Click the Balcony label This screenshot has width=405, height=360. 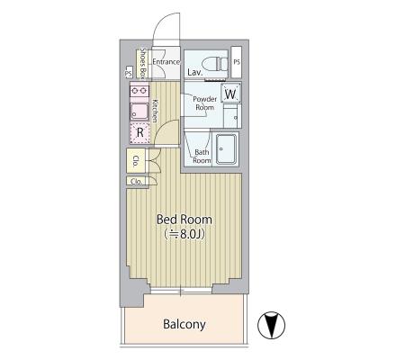(184, 324)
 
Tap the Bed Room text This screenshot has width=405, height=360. (184, 220)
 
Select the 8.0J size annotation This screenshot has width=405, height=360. (184, 235)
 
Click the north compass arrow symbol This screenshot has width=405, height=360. (272, 326)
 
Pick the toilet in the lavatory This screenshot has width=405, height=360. (215, 64)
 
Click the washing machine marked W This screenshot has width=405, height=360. (230, 94)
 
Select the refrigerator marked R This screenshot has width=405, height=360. (140, 132)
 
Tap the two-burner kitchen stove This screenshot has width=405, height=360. (139, 91)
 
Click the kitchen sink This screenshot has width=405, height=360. (139, 112)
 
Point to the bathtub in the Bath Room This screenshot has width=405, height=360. (227, 149)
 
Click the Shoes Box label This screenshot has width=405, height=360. (143, 64)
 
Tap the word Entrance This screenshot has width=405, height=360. (166, 62)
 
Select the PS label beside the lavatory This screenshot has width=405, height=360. (237, 62)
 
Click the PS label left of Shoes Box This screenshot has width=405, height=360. (129, 73)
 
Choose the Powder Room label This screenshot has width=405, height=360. (205, 103)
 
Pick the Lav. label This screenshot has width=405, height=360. (195, 72)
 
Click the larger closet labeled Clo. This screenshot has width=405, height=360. (136, 160)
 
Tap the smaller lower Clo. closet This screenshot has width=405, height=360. (137, 181)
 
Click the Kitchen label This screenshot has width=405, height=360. (155, 111)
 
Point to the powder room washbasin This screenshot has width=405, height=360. (232, 115)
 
